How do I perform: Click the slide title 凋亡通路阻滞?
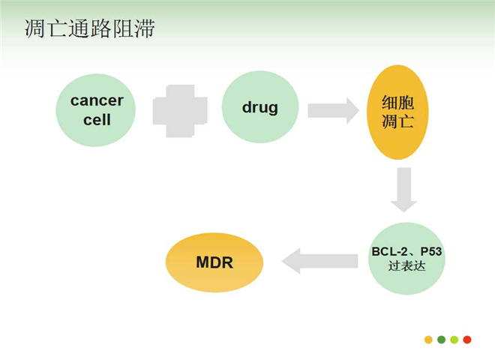pos(90,28)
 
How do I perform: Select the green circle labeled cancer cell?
pos(96,110)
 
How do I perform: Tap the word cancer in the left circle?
pos(97,100)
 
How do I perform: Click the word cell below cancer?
pos(97,120)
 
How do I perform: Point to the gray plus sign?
pos(180,111)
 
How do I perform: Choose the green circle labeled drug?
pos(260,107)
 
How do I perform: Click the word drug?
pos(260,108)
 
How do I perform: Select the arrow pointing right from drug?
pos(333,110)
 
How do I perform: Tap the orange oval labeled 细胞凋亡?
pos(397,112)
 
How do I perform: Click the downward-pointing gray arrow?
pos(404,190)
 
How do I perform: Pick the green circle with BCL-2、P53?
pos(406,259)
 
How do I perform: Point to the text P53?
pos(431,252)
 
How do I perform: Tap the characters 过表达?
pos(406,266)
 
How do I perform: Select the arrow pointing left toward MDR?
pos(319,261)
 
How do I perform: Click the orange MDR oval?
pos(214,262)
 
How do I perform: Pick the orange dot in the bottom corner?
pos(428,340)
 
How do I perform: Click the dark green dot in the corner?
pos(441,340)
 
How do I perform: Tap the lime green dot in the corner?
pos(454,340)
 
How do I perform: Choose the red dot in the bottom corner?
pos(467,340)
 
